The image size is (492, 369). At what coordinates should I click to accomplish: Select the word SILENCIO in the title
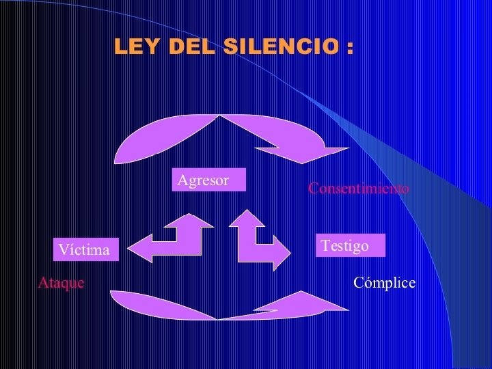pos(279,47)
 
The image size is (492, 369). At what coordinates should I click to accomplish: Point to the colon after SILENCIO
pos(350,49)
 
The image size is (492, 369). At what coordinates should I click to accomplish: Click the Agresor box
pos(208,180)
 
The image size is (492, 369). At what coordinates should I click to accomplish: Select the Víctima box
pos(85,249)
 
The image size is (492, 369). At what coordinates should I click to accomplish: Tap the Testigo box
pos(351,245)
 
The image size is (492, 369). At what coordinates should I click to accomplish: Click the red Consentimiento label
pos(359,188)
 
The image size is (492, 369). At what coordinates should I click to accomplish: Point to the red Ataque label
pos(61,282)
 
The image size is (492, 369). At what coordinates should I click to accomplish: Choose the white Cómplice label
pos(384,282)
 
